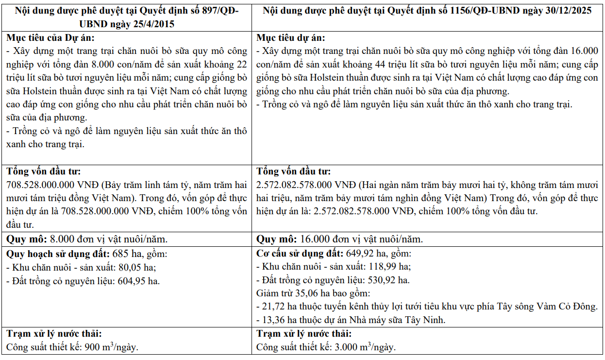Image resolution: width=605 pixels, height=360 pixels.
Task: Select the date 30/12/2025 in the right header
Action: (566, 10)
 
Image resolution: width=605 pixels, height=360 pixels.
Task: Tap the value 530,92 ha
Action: (390, 280)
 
